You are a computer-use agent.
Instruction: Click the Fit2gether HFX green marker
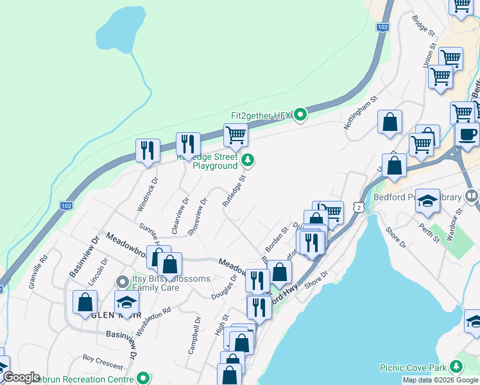(301, 116)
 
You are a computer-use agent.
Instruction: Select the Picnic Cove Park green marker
(456, 367)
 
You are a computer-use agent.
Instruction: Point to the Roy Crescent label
(103, 363)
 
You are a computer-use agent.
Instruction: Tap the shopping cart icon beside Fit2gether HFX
(236, 135)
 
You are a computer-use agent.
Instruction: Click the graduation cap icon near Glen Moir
(127, 302)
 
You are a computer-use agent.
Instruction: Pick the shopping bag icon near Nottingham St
(390, 121)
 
